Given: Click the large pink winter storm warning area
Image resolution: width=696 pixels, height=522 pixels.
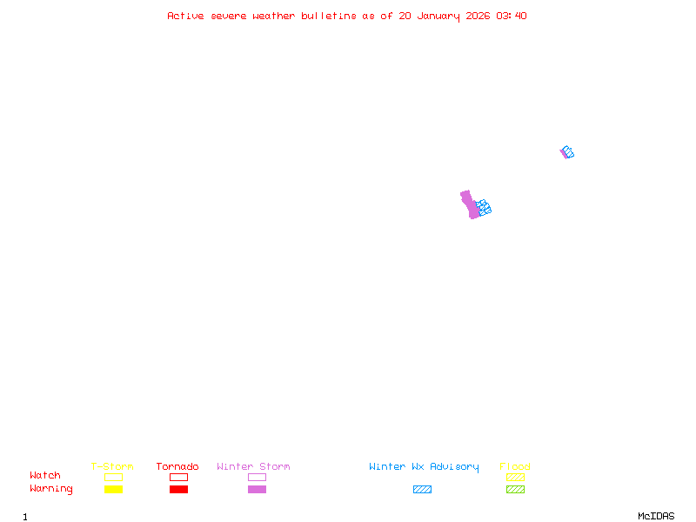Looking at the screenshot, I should point(470,204).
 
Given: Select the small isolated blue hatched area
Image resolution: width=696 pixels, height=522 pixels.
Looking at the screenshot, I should point(568,151).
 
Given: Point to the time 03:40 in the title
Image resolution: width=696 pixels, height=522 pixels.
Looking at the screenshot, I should point(512,16).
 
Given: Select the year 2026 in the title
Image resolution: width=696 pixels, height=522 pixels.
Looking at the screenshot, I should point(478,16).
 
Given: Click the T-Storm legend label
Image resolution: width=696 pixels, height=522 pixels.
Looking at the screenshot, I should point(112,466).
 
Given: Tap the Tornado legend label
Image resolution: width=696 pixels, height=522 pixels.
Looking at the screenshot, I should point(177,466).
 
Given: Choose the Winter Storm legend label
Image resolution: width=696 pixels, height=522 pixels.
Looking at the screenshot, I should point(253,466).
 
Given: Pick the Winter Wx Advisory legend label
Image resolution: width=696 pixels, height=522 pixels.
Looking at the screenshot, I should point(424,466).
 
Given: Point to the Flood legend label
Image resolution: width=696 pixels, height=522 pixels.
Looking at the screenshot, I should point(515,466).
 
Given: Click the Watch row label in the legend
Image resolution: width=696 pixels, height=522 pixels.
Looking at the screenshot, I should point(45,476).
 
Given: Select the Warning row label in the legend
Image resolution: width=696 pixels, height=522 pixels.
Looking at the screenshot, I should point(51,489).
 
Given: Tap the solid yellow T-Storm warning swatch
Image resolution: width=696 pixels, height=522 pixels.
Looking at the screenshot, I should point(113,489).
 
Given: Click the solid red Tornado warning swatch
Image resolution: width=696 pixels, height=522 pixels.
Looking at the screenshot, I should point(178,489).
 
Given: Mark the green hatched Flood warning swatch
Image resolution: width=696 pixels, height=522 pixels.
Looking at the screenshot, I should point(515,489).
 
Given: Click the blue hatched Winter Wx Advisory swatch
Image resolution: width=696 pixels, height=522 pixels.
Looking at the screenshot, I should point(422,489).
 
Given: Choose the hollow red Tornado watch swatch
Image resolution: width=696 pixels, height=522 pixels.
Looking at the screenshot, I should point(178,477).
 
